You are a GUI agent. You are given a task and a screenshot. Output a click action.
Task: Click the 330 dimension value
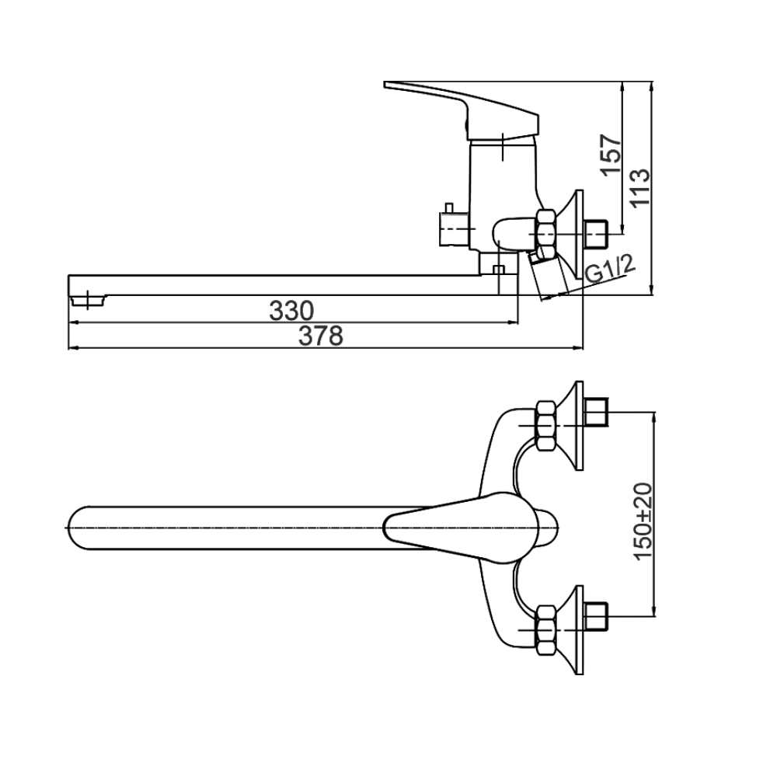291,311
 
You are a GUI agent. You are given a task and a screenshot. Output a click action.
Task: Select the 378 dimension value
321,336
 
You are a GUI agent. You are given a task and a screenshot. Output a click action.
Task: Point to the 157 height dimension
611,154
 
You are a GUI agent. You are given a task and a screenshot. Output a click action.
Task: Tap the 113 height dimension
639,189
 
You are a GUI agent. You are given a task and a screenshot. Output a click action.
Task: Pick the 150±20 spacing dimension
644,521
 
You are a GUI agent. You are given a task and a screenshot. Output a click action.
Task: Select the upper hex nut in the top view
546,426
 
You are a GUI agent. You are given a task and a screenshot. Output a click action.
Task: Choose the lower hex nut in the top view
546,630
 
